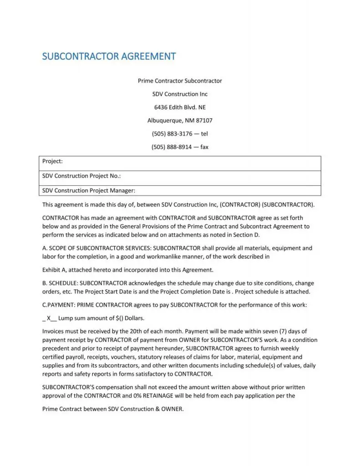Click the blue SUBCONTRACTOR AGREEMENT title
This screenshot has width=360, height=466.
tap(109, 56)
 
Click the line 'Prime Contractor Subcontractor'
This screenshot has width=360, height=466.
tap(180, 81)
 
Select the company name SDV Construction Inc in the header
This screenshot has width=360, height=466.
tap(180, 94)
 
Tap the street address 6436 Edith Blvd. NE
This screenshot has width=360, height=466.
tap(180, 107)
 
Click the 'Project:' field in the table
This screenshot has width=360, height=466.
tap(53, 161)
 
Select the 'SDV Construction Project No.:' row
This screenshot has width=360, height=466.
tap(81, 176)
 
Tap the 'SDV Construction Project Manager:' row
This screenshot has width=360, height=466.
tap(89, 191)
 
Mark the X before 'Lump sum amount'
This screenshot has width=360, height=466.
tap(49, 319)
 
